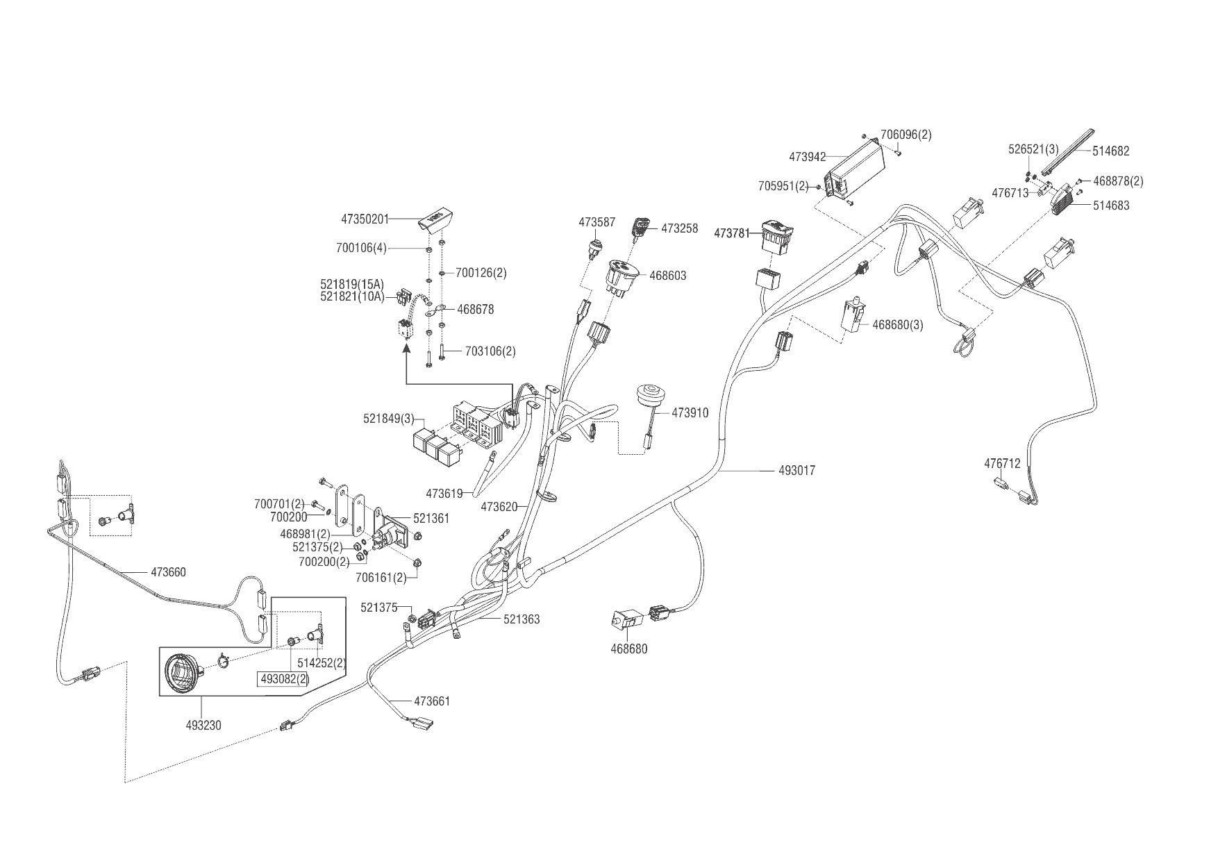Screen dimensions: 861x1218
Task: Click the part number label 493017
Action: [797, 471]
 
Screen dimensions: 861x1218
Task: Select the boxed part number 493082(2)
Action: [283, 679]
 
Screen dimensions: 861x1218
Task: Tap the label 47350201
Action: [365, 219]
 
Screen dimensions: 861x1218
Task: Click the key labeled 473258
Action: [640, 228]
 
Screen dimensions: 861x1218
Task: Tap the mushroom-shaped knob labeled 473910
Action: [649, 399]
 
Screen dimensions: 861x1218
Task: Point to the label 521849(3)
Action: [388, 419]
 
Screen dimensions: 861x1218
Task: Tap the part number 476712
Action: [1002, 463]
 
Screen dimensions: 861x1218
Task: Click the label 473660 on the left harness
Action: [168, 573]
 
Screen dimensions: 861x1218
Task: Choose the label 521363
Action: [522, 619]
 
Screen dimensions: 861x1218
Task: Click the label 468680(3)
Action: [897, 324]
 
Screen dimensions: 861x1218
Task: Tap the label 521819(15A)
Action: [352, 284]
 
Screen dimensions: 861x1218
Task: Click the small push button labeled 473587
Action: [595, 245]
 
